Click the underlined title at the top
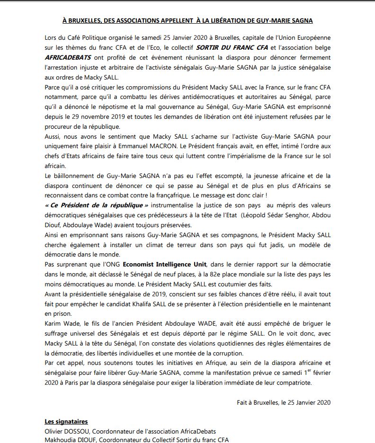point(187,21)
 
